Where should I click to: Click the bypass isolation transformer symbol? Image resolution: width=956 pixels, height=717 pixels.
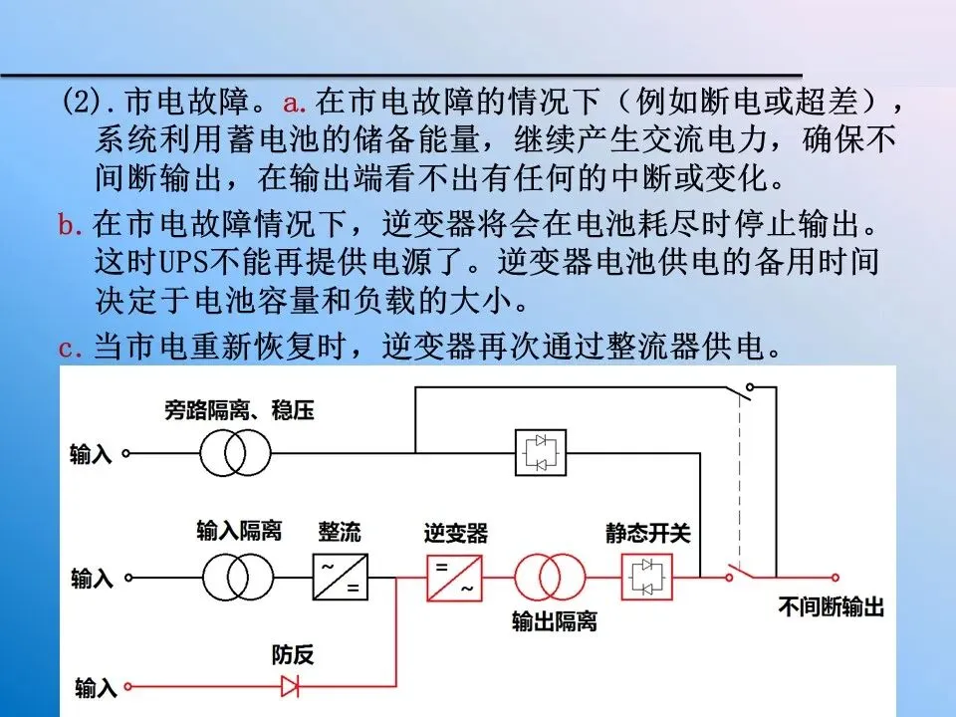pyautogui.click(x=235, y=454)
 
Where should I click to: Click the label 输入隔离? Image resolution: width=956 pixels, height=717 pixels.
pyautogui.click(x=239, y=530)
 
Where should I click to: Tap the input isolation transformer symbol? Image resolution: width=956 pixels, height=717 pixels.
pyautogui.click(x=238, y=577)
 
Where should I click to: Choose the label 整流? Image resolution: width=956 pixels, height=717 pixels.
pyautogui.click(x=341, y=532)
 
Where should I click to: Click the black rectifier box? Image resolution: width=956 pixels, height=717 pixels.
pyautogui.click(x=341, y=577)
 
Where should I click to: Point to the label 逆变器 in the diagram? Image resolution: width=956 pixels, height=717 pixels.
pyautogui.click(x=455, y=534)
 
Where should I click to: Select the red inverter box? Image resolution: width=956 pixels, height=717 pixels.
pyautogui.click(x=454, y=577)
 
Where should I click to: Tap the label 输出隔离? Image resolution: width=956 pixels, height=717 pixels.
pyautogui.click(x=554, y=622)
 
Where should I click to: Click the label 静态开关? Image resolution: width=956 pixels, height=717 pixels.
pyautogui.click(x=648, y=534)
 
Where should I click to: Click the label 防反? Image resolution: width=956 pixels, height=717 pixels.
pyautogui.click(x=293, y=655)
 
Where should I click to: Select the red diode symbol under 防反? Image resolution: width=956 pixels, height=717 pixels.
pyautogui.click(x=291, y=685)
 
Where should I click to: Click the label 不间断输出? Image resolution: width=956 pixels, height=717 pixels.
pyautogui.click(x=832, y=607)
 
